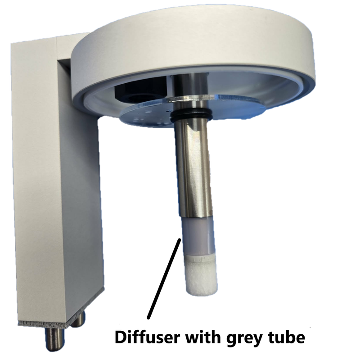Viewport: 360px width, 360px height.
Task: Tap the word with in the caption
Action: (x=203, y=337)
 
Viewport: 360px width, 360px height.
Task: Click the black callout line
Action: (x=164, y=278)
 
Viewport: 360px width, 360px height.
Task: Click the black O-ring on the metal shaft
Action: (x=191, y=115)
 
